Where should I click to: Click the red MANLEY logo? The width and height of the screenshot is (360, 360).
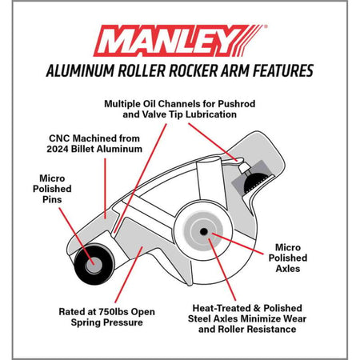tap(180, 41)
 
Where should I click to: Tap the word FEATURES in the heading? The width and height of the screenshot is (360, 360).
tap(283, 70)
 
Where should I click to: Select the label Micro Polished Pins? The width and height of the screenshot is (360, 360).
tap(52, 189)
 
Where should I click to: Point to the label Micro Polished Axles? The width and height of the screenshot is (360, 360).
tap(288, 258)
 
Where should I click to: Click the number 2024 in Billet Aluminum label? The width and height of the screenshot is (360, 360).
tap(58, 149)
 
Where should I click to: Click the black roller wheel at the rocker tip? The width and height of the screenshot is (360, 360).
tap(94, 264)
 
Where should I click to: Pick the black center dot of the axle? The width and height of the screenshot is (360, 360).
tap(204, 231)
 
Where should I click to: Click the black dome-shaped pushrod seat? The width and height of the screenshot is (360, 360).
tap(255, 182)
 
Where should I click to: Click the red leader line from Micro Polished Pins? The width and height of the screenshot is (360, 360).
tap(77, 236)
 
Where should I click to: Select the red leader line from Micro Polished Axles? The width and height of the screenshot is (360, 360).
tap(238, 244)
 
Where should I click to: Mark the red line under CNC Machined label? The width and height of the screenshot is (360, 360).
tap(105, 189)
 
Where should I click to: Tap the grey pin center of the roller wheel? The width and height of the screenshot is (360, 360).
tap(94, 265)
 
